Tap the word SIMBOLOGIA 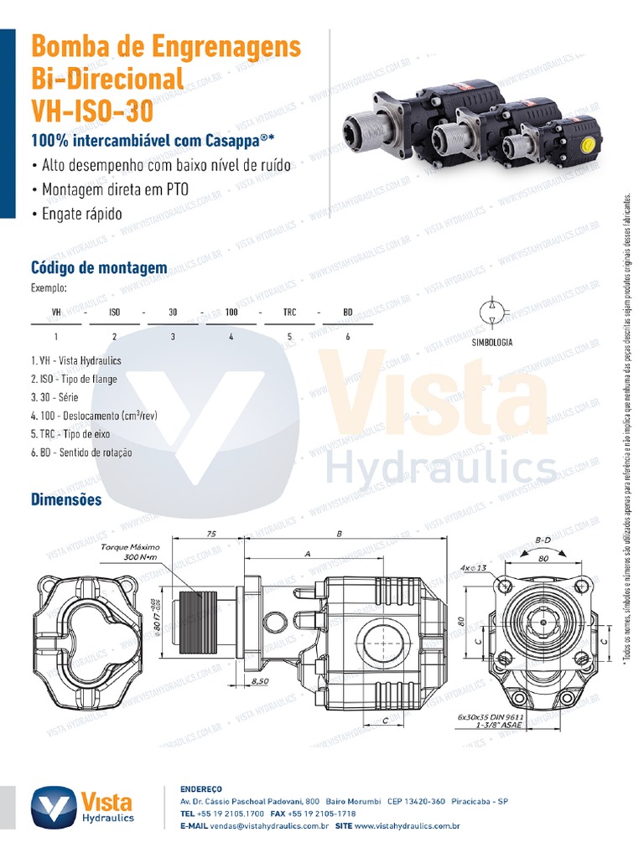coord(491,342)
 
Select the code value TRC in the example coord(289,312)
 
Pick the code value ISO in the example coord(115,312)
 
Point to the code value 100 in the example coord(231,312)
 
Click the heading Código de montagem coord(98,268)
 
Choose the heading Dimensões coord(66,500)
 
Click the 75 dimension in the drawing coord(211,534)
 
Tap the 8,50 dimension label coord(261,683)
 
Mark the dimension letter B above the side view coord(339,534)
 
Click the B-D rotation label coord(543,540)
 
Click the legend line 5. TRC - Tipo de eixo coord(70,435)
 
